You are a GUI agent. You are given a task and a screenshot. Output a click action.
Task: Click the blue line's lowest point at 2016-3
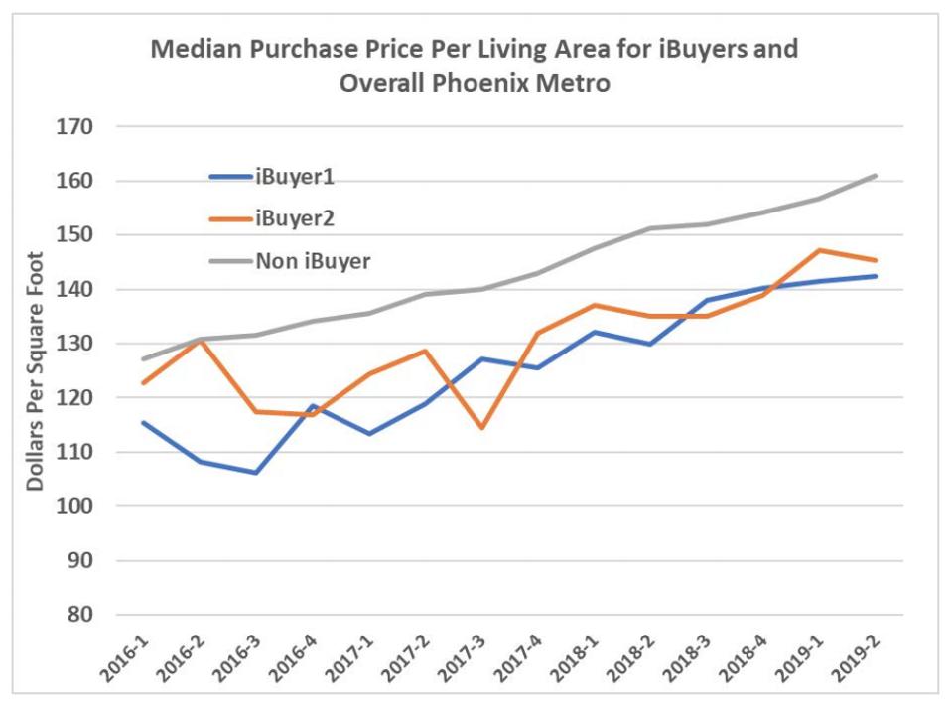256,473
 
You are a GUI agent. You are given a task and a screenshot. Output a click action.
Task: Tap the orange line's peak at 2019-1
820,250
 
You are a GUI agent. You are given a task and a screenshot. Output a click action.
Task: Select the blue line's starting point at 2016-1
143,422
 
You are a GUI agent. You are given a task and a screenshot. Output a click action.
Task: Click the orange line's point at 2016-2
200,341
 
